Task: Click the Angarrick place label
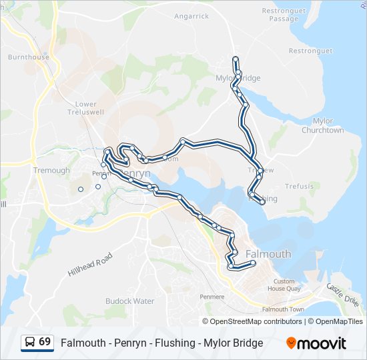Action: [192, 16]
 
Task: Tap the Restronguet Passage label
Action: [284, 15]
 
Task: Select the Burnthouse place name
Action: [29, 57]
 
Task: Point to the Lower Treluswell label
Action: [86, 108]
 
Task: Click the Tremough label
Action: [51, 171]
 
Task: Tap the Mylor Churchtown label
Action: [322, 125]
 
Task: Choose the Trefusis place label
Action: [298, 186]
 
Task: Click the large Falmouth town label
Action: [268, 254]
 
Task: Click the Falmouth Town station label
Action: [284, 309]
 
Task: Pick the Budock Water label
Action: [129, 301]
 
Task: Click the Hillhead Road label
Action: [91, 265]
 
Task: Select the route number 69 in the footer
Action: [45, 342]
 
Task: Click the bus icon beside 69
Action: [29, 342]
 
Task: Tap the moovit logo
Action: [316, 343]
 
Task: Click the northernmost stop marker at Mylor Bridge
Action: [236, 59]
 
